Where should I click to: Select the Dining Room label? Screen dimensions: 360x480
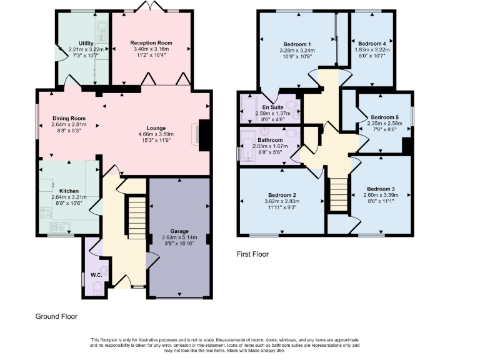[x=68, y=117]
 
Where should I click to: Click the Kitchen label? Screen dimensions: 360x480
[x=69, y=191]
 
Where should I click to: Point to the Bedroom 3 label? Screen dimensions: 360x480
[x=381, y=189]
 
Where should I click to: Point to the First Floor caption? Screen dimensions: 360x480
[x=252, y=254]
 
